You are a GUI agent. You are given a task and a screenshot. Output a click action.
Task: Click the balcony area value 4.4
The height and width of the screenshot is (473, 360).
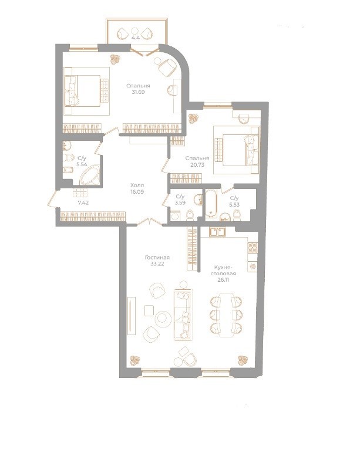click(136, 38)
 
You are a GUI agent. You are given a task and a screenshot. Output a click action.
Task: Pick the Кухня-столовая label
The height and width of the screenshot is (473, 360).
click(226, 270)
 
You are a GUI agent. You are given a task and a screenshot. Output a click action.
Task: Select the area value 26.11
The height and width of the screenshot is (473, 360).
click(226, 279)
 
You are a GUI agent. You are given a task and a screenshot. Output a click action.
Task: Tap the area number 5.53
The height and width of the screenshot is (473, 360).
click(234, 204)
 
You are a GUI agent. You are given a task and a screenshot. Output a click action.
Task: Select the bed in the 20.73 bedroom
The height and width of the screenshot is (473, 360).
click(235, 148)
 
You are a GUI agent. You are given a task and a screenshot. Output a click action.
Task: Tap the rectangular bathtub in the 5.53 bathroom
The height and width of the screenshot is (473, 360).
click(211, 204)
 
